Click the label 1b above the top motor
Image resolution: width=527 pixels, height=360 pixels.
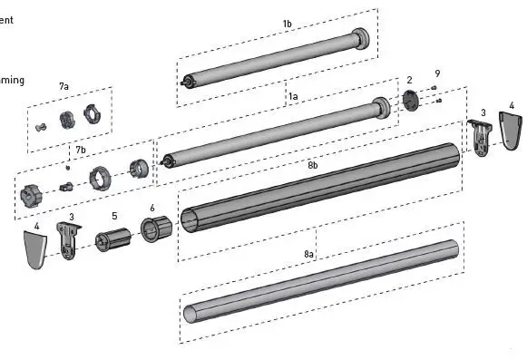click(288, 23)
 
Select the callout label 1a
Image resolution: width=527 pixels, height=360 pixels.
click(293, 96)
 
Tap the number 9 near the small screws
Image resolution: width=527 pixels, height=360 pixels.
click(437, 73)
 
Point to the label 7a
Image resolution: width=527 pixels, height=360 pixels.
click(64, 85)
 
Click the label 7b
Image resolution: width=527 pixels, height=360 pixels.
click(81, 149)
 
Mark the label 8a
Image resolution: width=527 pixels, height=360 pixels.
click(309, 254)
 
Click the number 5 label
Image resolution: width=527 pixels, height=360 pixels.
click(114, 216)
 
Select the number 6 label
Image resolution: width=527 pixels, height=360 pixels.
click(151, 208)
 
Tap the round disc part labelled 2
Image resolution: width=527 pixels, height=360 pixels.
click(410, 102)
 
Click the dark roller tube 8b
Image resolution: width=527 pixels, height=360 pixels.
click(327, 189)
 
